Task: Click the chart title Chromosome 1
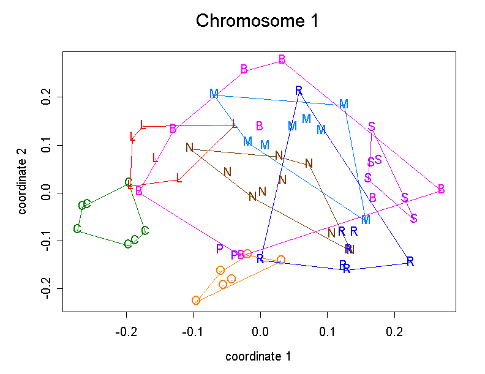tap(257, 21)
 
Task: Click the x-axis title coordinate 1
tap(258, 356)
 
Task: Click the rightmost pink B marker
tap(441, 188)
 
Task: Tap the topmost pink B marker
tap(282, 59)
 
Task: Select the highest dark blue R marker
tap(299, 91)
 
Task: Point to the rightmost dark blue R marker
tap(410, 261)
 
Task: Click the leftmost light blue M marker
tap(214, 94)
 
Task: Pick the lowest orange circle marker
tap(196, 300)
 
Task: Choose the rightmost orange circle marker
tap(281, 260)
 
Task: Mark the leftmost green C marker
tap(77, 229)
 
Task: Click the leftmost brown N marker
tap(190, 148)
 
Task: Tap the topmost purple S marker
tap(372, 127)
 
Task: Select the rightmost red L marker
tap(235, 124)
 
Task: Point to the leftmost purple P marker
tap(219, 249)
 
